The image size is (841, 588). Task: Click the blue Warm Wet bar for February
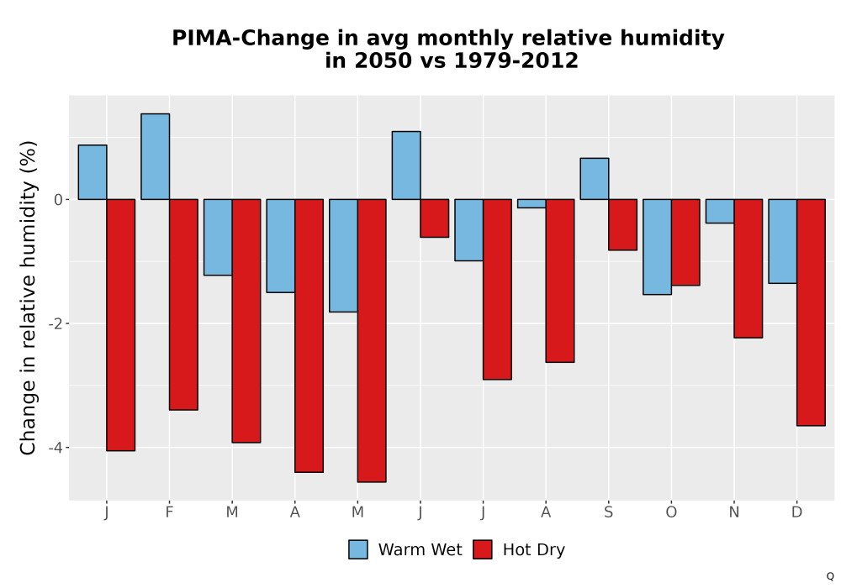coord(155,156)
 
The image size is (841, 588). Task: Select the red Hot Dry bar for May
coord(372,340)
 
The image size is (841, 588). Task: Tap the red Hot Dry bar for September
coord(622,225)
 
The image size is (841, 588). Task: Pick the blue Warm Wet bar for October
coord(657,247)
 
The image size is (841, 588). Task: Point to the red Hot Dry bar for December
coord(811,312)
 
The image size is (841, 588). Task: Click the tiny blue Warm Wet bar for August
coord(532,203)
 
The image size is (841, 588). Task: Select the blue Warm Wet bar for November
coord(720,211)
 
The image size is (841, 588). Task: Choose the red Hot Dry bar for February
coord(183,305)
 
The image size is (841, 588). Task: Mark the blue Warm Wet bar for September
coord(595,179)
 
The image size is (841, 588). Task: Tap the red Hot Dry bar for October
coord(685,242)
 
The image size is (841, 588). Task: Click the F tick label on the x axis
coord(170,512)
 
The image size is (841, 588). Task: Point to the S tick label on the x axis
coord(608,512)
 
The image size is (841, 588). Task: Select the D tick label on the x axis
coord(797,512)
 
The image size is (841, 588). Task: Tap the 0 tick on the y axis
coord(59,200)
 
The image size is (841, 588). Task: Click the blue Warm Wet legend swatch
coord(358,549)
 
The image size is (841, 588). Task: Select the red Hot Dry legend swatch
coord(483,549)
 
